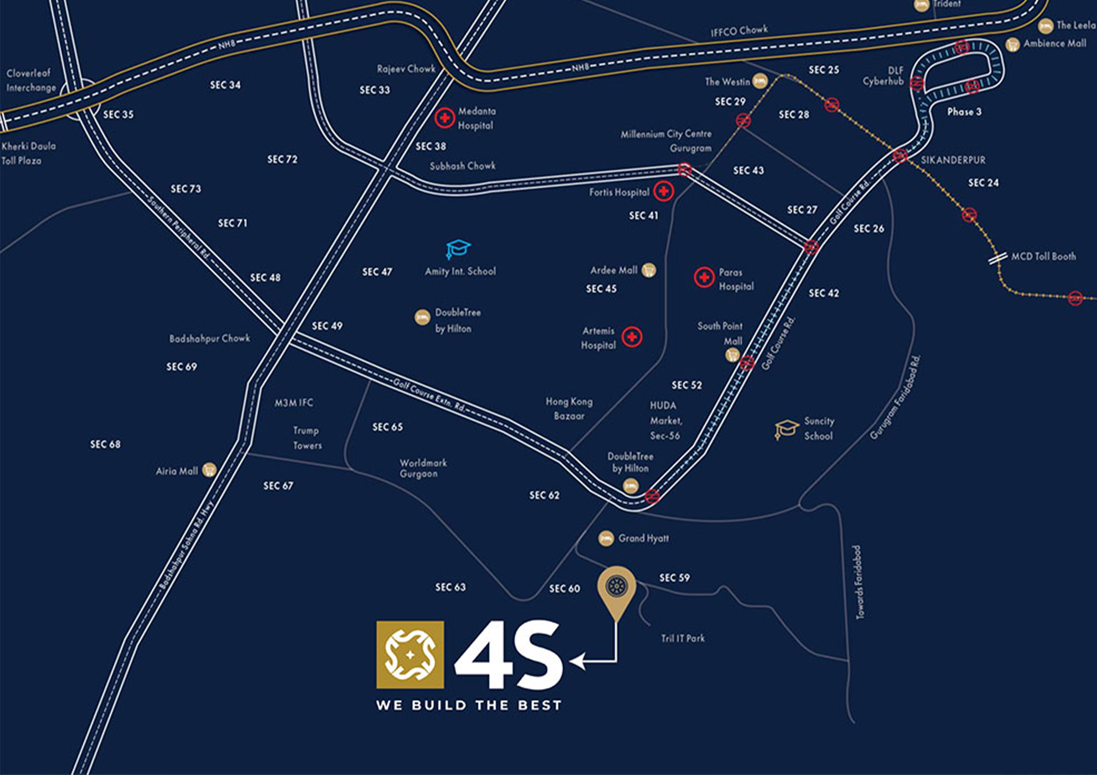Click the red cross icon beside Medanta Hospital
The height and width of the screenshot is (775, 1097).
pyautogui.click(x=444, y=118)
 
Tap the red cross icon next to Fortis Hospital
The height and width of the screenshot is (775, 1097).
pyautogui.click(x=664, y=191)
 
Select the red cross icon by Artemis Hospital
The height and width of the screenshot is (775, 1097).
pyautogui.click(x=632, y=337)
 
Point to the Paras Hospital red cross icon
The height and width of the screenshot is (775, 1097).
pyautogui.click(x=704, y=277)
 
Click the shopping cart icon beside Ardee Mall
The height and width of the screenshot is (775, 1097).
pyautogui.click(x=648, y=270)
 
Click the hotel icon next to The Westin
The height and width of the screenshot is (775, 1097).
pyautogui.click(x=760, y=81)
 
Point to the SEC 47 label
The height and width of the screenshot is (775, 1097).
pyautogui.click(x=377, y=272)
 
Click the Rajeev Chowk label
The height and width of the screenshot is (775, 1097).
pyautogui.click(x=406, y=69)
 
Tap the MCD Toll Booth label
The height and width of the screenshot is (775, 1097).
pyautogui.click(x=1044, y=257)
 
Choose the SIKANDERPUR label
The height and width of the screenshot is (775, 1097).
pyautogui.click(x=953, y=160)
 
